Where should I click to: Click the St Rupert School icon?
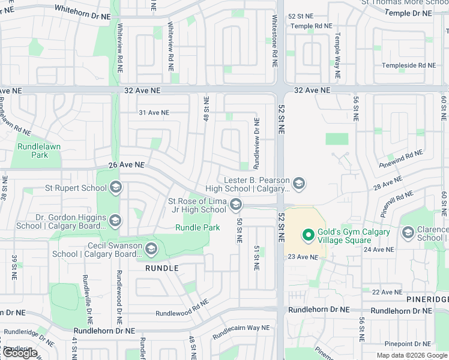click(116, 188)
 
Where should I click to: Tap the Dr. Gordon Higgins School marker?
click(116, 221)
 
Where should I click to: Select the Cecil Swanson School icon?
click(151, 249)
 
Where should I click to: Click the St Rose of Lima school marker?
click(235, 206)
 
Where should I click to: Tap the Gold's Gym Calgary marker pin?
click(309, 236)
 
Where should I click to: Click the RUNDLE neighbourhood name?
click(162, 268)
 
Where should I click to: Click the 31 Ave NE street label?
click(154, 113)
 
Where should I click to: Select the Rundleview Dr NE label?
click(256, 134)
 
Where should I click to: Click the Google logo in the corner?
click(20, 353)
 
